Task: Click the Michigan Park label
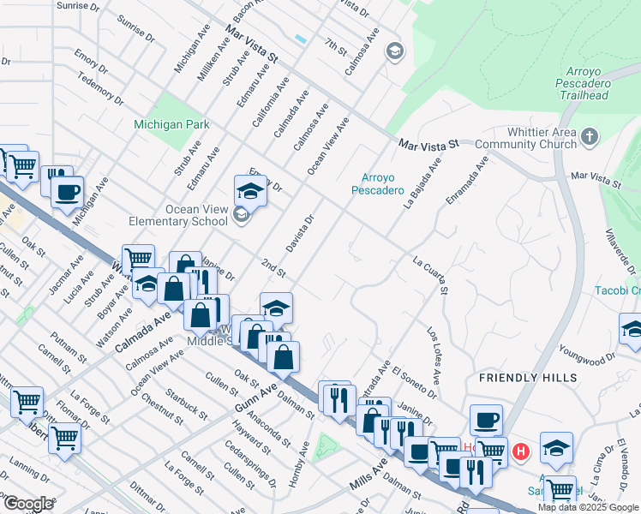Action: click(x=171, y=124)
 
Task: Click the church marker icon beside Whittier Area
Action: click(x=589, y=136)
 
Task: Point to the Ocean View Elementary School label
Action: click(x=177, y=215)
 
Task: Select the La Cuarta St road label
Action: click(x=431, y=273)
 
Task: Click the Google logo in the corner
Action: click(x=28, y=504)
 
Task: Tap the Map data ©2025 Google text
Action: click(x=588, y=507)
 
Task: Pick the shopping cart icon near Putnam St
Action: click(x=27, y=400)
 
